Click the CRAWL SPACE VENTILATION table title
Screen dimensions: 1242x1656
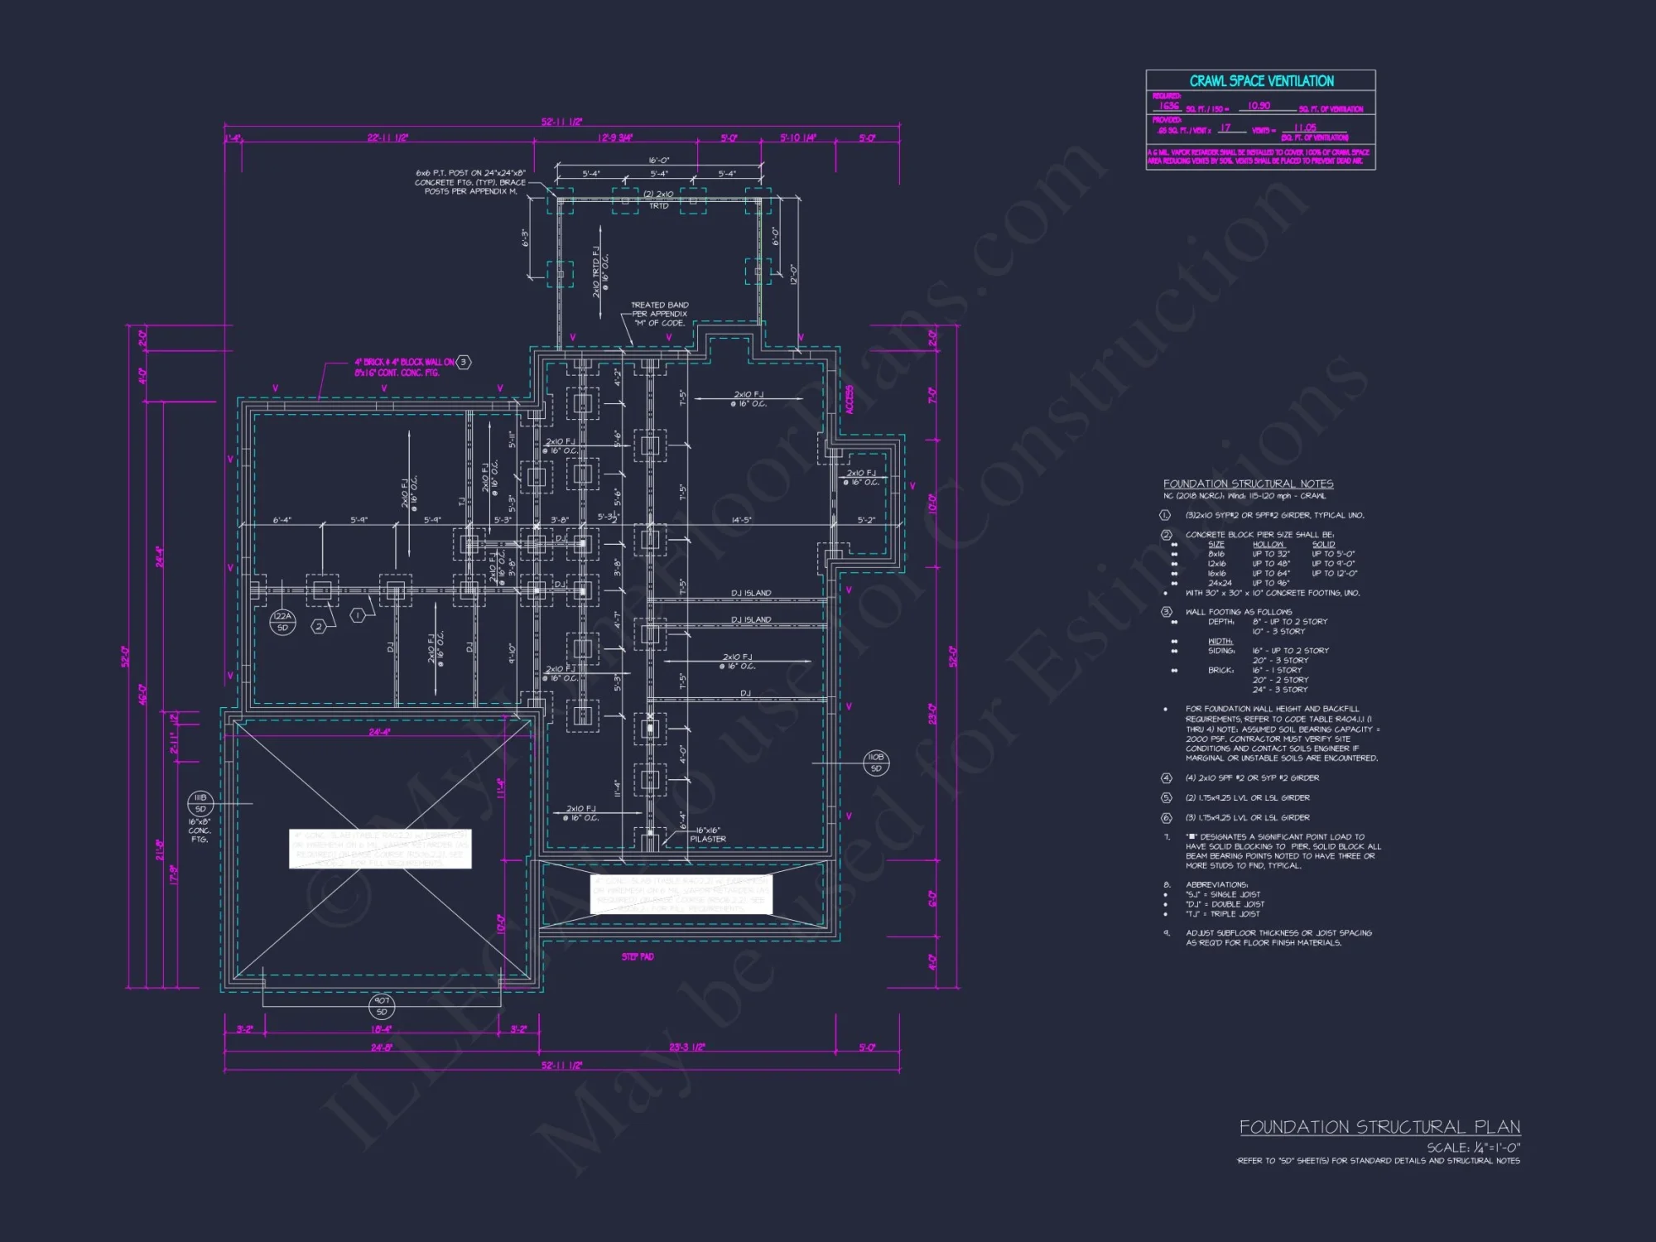pos(1261,81)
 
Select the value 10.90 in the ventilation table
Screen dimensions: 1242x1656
pos(1259,106)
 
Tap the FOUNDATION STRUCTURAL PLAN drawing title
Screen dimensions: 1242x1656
pos(1379,1127)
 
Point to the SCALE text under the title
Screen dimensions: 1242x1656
pos(1473,1148)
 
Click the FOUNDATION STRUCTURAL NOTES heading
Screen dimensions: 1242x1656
pos(1248,484)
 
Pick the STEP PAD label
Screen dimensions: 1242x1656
pos(638,957)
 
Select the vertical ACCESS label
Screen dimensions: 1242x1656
pos(850,400)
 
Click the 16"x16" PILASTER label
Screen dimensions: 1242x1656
pos(708,835)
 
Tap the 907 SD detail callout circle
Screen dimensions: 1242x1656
pos(382,1006)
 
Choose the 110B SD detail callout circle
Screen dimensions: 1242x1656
pos(876,763)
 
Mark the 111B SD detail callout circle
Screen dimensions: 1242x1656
pos(200,803)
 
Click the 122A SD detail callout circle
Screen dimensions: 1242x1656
pos(282,622)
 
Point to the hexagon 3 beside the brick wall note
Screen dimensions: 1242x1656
pos(464,362)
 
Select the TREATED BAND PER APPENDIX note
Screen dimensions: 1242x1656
pos(660,314)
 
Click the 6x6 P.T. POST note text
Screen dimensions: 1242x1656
pos(470,182)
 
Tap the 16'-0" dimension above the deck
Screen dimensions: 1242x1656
pos(659,161)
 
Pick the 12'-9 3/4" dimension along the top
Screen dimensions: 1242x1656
pos(615,137)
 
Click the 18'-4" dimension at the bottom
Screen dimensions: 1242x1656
pos(382,1029)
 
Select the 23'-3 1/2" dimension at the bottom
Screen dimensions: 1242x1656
pos(686,1047)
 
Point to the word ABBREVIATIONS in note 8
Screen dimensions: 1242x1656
pos(1216,884)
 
